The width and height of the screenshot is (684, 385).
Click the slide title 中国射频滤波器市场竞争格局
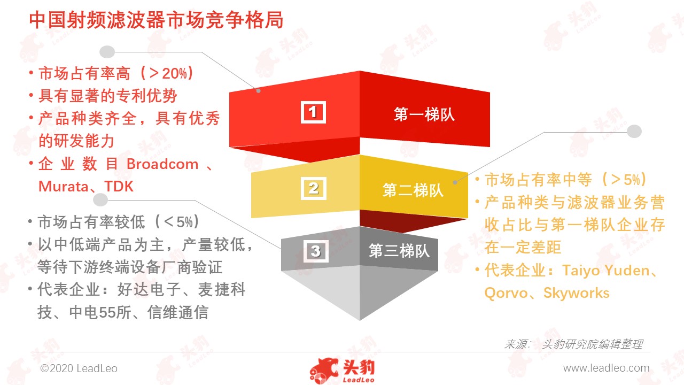(x=156, y=20)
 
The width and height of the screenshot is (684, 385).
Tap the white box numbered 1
(x=313, y=112)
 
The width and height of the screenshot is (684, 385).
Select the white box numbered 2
(x=313, y=188)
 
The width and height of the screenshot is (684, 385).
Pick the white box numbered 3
(x=316, y=251)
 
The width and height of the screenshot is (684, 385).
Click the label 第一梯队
(x=424, y=114)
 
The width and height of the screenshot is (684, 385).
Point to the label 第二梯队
(x=413, y=190)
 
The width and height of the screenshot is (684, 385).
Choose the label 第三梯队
(x=399, y=251)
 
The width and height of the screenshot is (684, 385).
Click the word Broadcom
(x=162, y=164)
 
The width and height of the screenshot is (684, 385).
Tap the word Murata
(x=63, y=187)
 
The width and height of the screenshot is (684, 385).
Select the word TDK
(x=119, y=187)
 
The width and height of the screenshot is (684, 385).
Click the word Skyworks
(x=576, y=293)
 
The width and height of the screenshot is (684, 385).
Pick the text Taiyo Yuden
(x=606, y=271)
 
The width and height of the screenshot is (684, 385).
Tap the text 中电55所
(x=100, y=312)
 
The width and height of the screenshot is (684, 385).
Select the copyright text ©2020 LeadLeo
(x=79, y=368)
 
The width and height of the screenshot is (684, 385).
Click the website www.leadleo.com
(x=606, y=368)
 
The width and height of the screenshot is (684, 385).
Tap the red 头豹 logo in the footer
(x=343, y=371)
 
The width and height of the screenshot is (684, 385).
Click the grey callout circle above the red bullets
(x=107, y=52)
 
